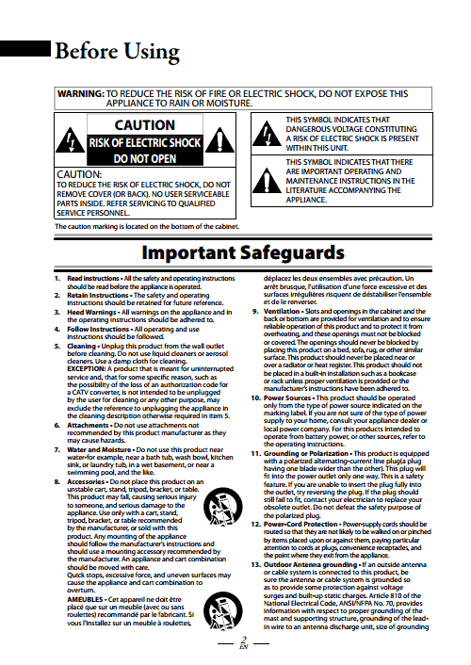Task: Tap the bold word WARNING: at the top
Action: [80, 95]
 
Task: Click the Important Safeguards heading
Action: [235, 253]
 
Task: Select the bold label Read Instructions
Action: [92, 280]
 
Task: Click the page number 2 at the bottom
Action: [242, 640]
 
